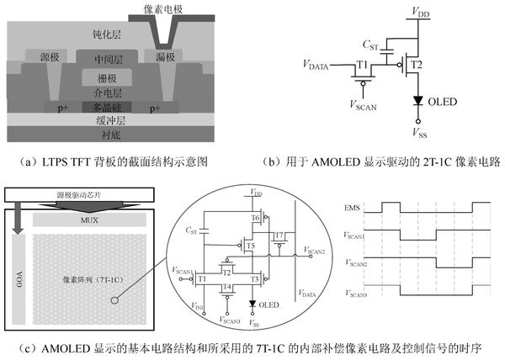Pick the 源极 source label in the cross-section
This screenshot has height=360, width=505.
point(46,57)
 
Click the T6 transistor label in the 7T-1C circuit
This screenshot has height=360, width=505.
point(255,217)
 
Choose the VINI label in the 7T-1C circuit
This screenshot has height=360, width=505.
point(198,309)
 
